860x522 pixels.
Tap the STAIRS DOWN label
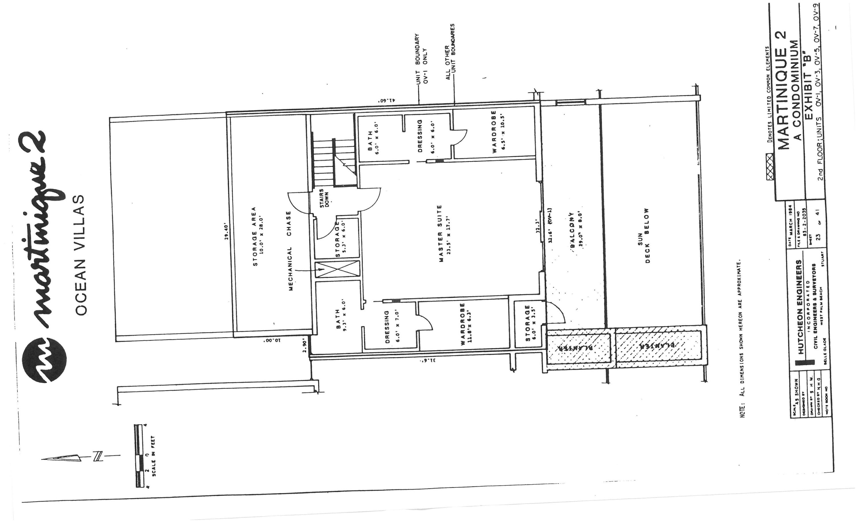point(324,198)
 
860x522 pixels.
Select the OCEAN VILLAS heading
point(81,255)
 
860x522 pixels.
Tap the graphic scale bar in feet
point(139,455)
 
